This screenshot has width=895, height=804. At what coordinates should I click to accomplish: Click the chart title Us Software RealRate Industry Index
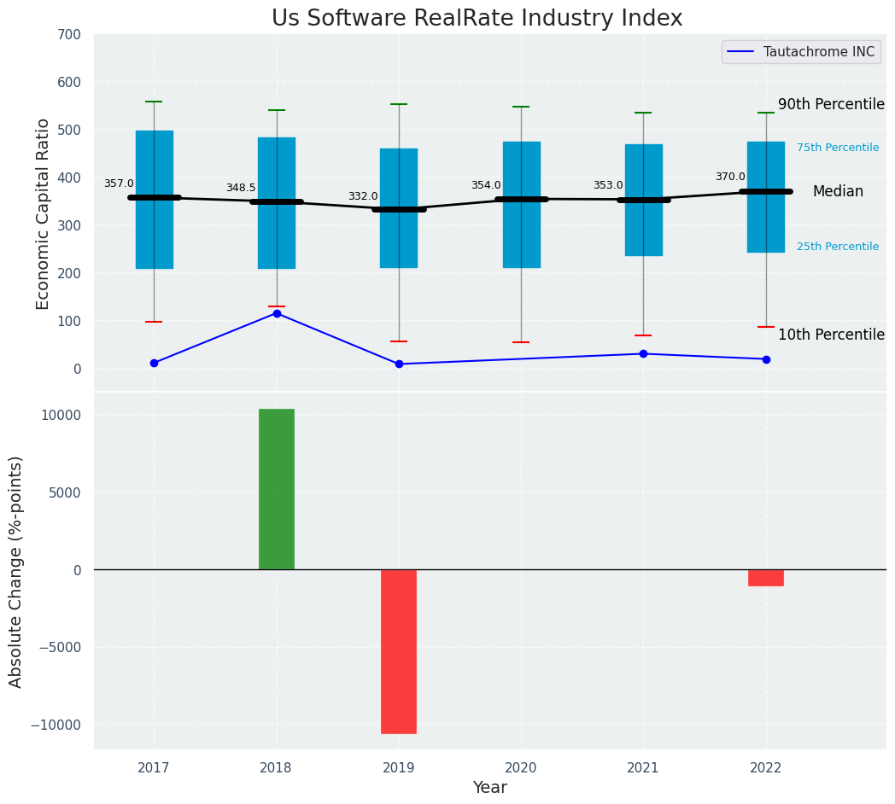477,19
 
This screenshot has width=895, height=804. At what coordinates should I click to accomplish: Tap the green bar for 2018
277,489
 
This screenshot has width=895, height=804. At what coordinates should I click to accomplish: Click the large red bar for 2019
399,651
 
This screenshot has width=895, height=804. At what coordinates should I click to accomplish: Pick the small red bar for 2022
766,578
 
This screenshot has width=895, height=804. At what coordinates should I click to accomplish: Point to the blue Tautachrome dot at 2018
277,313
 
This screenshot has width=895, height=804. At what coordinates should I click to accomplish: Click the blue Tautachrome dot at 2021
643,353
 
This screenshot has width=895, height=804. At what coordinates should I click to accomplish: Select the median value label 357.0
119,184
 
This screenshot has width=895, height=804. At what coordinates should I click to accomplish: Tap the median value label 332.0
363,196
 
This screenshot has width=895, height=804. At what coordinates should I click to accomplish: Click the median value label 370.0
730,177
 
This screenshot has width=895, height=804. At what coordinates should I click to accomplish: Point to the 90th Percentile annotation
831,104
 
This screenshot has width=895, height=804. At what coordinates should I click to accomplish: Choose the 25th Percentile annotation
837,247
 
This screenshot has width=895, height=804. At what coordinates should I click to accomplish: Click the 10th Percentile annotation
831,335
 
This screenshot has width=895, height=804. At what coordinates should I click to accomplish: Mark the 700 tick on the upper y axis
69,35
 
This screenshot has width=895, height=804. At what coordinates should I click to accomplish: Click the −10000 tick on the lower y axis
58,725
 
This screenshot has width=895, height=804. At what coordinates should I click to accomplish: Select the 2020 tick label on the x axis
521,768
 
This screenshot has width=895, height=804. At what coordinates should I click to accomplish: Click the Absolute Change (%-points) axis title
16,571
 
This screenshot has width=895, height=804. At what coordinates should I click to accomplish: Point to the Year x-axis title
490,788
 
